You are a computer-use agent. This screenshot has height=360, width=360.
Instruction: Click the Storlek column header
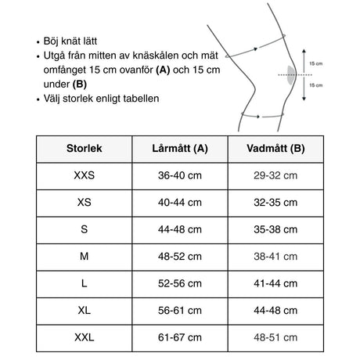(x=84, y=149)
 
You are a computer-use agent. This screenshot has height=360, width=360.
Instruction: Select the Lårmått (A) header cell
(x=179, y=149)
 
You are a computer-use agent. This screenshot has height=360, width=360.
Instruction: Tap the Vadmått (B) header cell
(x=275, y=149)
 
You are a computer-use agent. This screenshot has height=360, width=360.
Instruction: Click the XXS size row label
(x=84, y=176)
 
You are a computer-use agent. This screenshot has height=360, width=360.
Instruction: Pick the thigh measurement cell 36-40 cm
(x=179, y=176)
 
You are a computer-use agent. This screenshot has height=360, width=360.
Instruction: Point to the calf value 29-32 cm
(x=275, y=176)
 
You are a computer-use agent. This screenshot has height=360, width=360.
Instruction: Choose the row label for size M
(x=84, y=256)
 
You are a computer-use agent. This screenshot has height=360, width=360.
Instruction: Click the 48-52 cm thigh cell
(x=179, y=256)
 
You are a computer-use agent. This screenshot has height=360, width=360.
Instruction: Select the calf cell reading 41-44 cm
(x=275, y=283)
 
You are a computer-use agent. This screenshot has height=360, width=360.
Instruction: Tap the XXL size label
(x=84, y=337)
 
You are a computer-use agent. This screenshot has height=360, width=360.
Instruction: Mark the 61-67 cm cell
(x=179, y=337)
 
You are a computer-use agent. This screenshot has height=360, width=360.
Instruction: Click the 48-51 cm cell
(x=275, y=337)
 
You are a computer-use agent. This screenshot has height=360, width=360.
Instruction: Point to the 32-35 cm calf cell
(x=275, y=203)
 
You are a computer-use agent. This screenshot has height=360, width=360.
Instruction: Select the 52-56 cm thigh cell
(x=179, y=283)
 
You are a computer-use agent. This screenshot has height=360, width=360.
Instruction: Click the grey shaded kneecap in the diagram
(x=292, y=75)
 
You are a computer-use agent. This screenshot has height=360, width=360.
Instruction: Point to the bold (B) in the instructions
(x=81, y=85)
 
